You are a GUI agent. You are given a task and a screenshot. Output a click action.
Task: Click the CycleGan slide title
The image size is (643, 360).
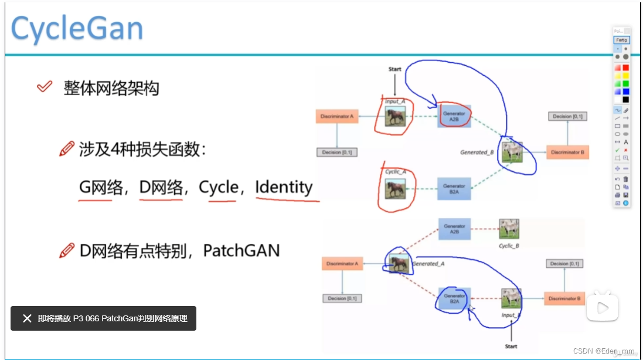[77, 28]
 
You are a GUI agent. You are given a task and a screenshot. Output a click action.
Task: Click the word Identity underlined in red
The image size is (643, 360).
[284, 187]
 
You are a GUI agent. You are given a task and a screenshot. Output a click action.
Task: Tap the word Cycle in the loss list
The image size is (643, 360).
[219, 187]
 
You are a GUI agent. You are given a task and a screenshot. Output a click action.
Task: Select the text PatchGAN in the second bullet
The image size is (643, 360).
[241, 251]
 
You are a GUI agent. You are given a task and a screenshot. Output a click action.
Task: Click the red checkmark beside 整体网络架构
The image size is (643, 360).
[45, 87]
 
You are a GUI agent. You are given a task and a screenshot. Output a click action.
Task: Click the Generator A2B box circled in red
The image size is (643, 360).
[454, 116]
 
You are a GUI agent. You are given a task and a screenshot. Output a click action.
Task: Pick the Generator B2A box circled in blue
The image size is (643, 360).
[454, 298]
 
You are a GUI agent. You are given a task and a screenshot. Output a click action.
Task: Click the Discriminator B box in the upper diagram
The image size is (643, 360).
[567, 152]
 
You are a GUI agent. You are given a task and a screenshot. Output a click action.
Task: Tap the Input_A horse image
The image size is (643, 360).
[394, 116]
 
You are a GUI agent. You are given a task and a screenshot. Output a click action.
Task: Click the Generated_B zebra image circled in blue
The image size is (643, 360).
[512, 152]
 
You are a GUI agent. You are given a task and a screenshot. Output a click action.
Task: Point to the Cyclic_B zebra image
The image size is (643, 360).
[509, 229]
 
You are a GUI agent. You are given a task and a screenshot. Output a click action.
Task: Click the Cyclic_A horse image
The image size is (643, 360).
[394, 189]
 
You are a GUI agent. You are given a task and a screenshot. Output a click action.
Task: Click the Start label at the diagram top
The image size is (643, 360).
[395, 69]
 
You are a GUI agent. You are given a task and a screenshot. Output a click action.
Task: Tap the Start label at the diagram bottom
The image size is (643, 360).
[511, 346]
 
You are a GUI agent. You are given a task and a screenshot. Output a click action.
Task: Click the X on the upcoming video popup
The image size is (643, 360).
[27, 318]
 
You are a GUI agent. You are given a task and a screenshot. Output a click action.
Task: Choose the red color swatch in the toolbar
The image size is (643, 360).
[625, 67]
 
